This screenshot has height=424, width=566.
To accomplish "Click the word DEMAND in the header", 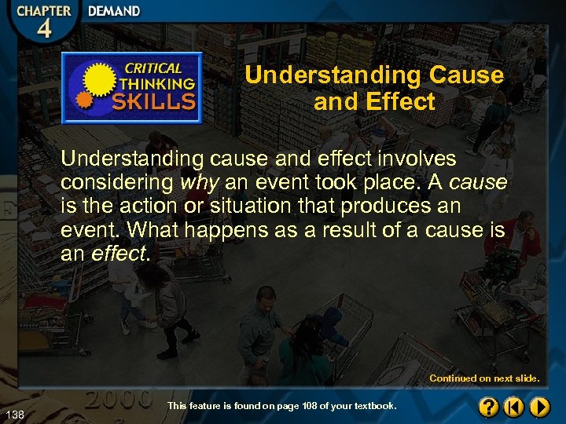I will (x=114, y=11).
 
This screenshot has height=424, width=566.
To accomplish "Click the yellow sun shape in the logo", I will (x=100, y=81).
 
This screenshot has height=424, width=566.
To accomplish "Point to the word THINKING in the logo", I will (x=157, y=84).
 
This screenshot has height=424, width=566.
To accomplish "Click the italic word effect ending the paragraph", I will (x=118, y=254).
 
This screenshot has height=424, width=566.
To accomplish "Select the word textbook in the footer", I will (x=375, y=406).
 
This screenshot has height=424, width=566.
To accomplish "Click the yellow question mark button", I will (x=488, y=407).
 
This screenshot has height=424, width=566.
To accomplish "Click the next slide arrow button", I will (x=539, y=407).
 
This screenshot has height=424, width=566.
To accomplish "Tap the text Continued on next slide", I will (x=484, y=378).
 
